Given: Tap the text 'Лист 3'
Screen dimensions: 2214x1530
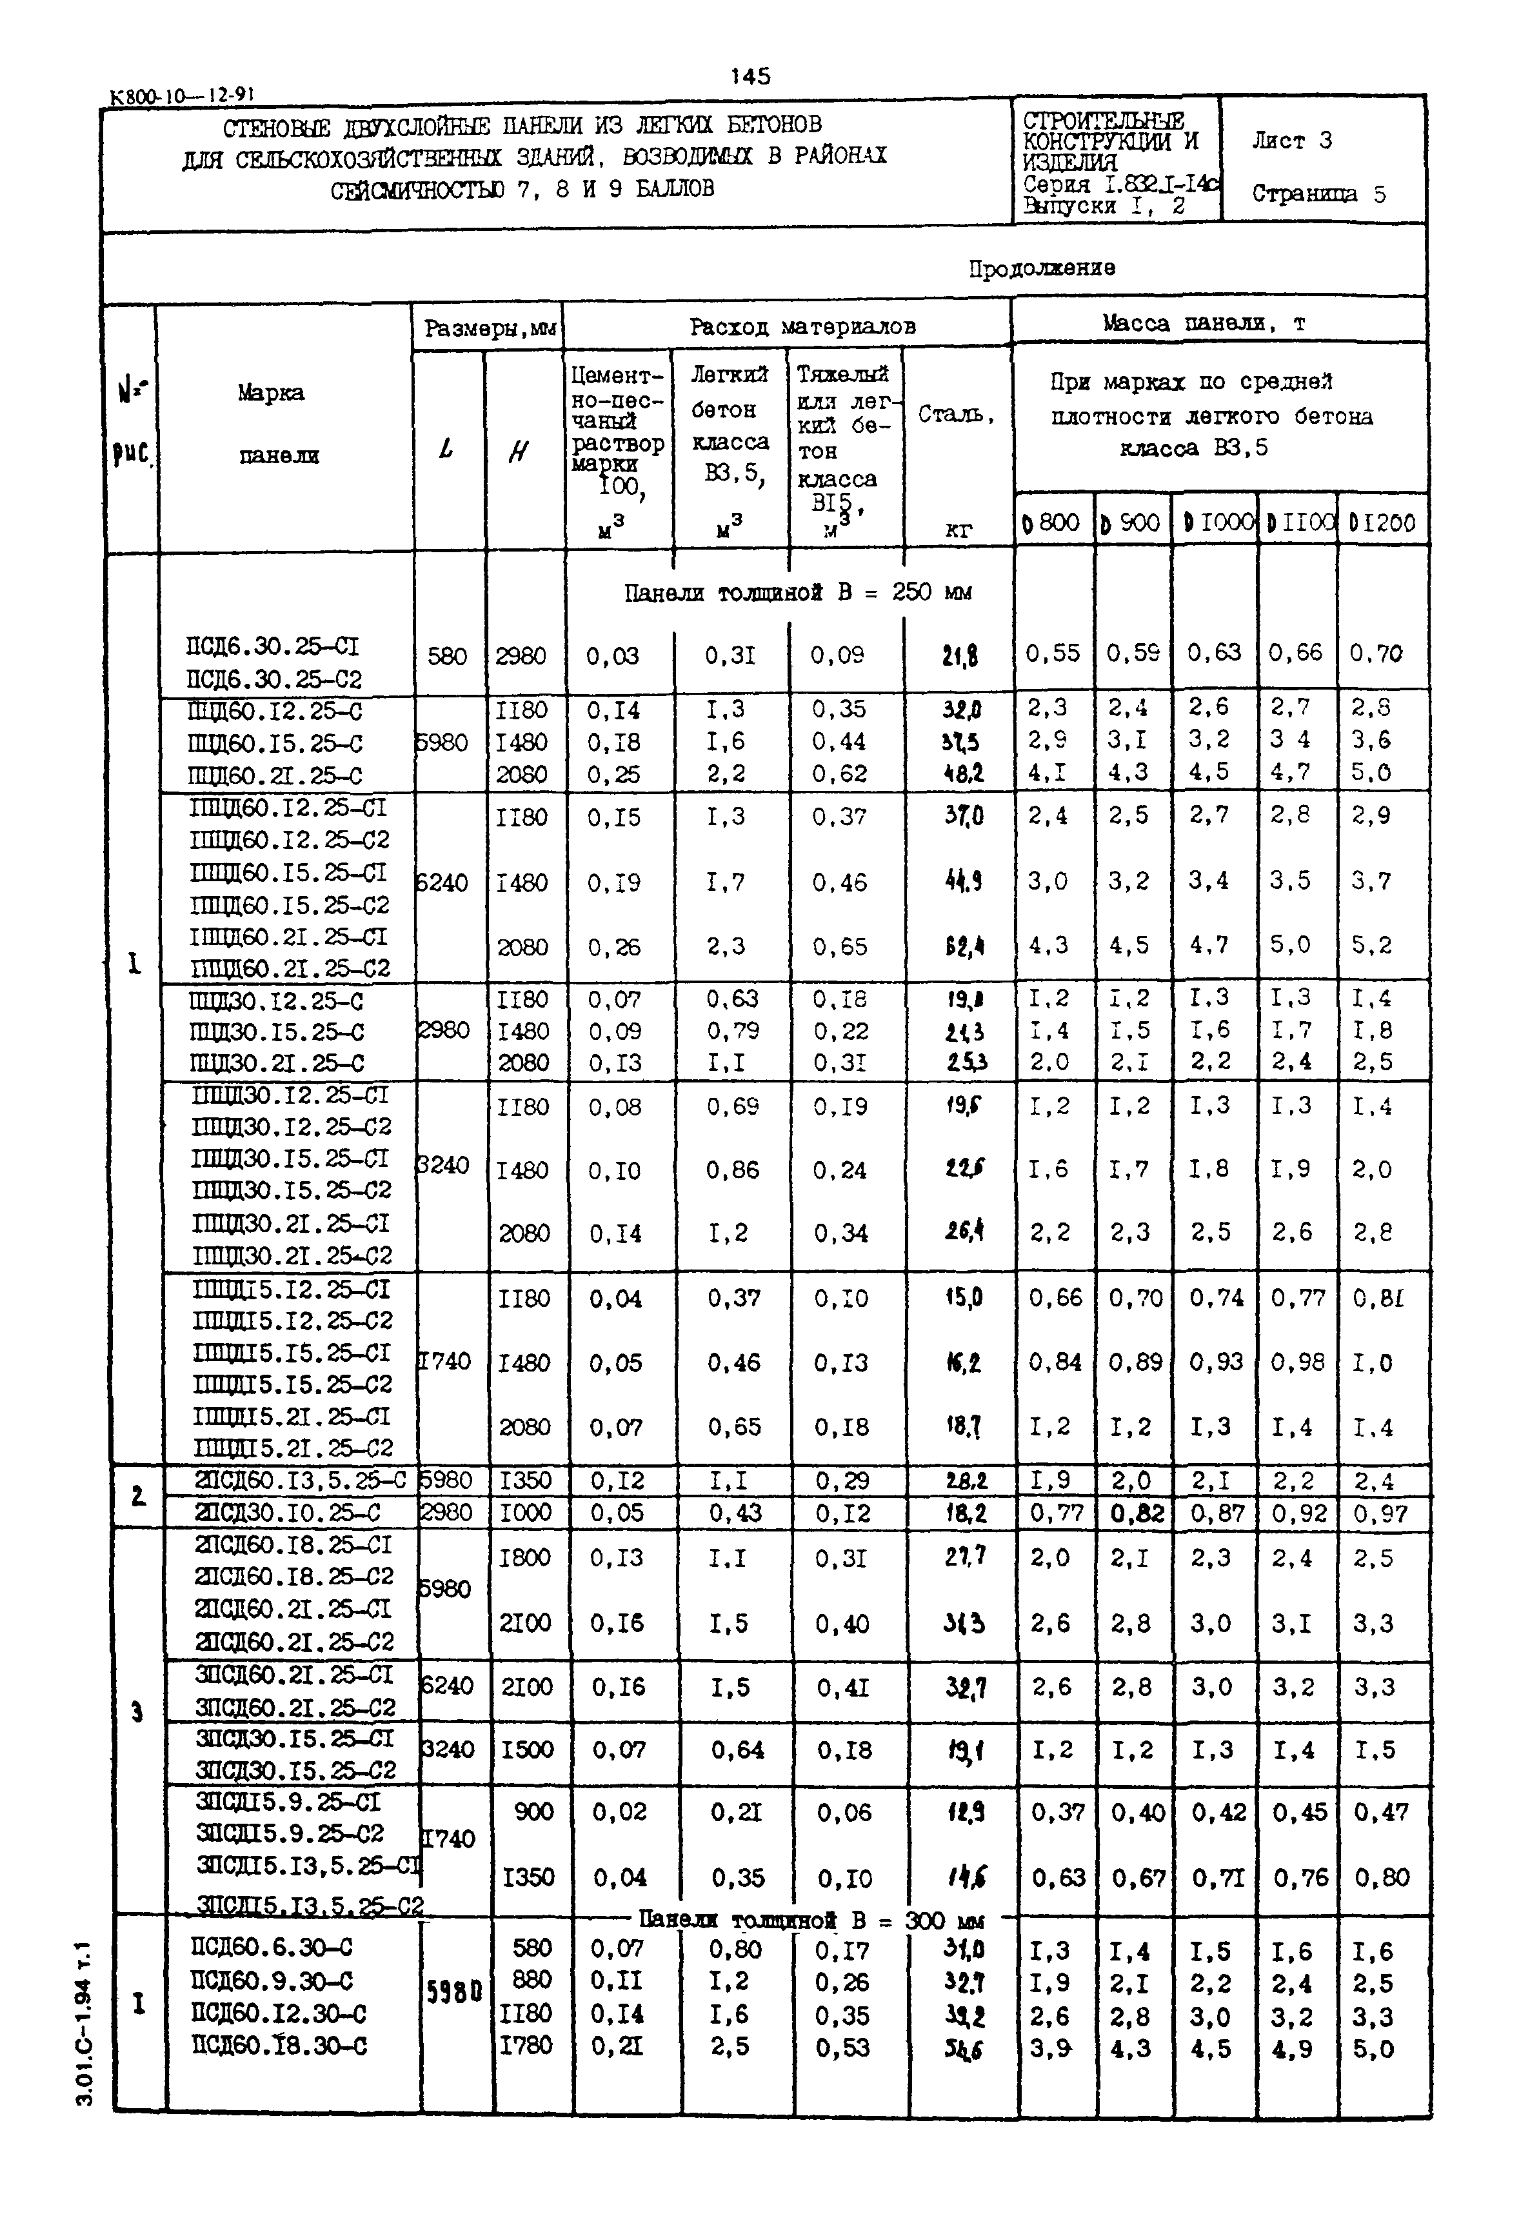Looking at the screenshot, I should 1291,141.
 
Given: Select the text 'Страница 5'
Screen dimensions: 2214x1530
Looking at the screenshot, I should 1318,194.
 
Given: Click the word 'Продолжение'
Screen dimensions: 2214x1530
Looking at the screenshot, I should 1041,268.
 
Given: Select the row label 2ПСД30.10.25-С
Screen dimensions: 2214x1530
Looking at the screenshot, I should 288,1513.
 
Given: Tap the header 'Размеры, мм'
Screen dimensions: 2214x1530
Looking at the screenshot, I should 490,329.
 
